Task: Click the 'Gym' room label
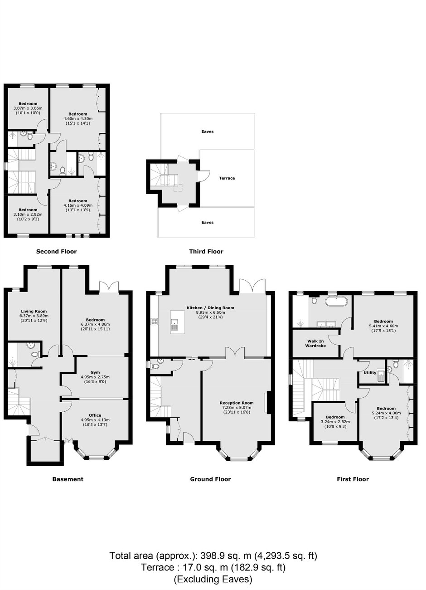pyautogui.click(x=95, y=372)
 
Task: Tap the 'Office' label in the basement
pyautogui.click(x=95, y=415)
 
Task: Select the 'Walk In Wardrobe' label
pyautogui.click(x=315, y=343)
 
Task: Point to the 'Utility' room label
pyautogui.click(x=370, y=373)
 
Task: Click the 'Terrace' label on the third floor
pyautogui.click(x=227, y=178)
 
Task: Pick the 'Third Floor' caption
pyautogui.click(x=206, y=252)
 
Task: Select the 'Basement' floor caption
pyautogui.click(x=68, y=479)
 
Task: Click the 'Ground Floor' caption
pyautogui.click(x=210, y=479)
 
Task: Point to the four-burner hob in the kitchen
pyautogui.click(x=154, y=321)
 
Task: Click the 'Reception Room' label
pyautogui.click(x=237, y=403)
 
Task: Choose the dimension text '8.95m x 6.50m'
pyautogui.click(x=210, y=312)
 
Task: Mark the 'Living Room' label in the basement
pyautogui.click(x=34, y=312)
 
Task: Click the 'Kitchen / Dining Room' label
pyautogui.click(x=210, y=307)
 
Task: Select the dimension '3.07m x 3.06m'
pyautogui.click(x=28, y=108)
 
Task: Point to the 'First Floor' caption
pyautogui.click(x=353, y=479)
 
